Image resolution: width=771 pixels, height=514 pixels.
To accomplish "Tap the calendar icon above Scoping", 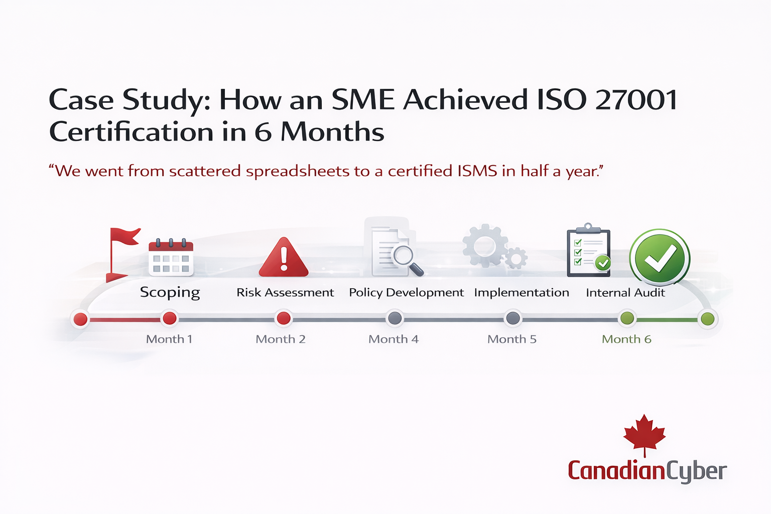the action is (171, 257).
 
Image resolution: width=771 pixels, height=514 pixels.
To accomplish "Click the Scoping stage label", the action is (170, 293).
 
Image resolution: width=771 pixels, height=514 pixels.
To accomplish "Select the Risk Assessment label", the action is (285, 293).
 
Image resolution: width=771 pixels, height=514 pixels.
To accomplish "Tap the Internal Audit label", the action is (625, 293).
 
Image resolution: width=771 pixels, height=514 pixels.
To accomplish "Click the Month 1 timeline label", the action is (169, 339).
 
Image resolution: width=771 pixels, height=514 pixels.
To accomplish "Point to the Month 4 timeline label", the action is (394, 339).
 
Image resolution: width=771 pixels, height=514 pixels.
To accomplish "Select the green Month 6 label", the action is (626, 339).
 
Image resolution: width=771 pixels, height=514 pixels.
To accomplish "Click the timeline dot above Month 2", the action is (284, 318).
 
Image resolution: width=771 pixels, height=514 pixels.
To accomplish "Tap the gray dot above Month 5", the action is (513, 318).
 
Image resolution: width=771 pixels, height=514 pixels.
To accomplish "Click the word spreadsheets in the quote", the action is (297, 172).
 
